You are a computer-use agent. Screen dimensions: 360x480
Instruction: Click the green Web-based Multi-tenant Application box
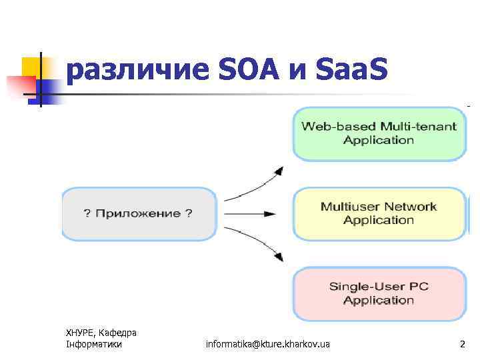(x=379, y=133)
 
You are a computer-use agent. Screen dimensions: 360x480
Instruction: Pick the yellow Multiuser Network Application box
(x=379, y=213)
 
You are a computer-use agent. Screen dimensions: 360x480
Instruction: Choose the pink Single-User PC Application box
(x=379, y=293)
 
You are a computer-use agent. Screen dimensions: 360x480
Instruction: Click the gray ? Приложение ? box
(x=139, y=213)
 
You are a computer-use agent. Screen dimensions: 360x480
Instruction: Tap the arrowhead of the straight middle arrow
(x=270, y=214)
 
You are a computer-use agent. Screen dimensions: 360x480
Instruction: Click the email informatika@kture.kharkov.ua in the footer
(x=268, y=344)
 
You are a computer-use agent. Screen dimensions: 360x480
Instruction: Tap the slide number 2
(x=462, y=344)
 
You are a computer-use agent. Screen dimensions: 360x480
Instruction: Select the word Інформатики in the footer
(x=94, y=344)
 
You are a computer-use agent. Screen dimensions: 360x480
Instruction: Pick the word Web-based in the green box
(x=329, y=127)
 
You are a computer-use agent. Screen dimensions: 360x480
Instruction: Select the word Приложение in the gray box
(x=138, y=213)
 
